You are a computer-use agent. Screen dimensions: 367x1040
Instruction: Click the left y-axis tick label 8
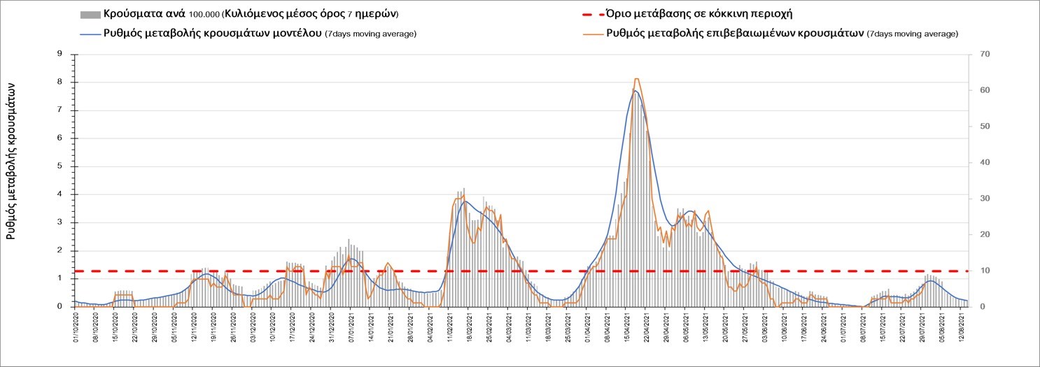tap(60, 82)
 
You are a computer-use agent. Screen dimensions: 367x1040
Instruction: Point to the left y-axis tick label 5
tap(60, 166)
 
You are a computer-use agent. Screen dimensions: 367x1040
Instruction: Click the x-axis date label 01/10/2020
tap(75, 329)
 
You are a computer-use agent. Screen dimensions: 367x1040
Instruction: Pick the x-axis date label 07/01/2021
tap(349, 329)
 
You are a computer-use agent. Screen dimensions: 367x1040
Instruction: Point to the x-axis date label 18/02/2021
tap(467, 329)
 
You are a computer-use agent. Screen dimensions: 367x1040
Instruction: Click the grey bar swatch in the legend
tap(90, 15)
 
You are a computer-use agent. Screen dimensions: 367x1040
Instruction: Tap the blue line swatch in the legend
tap(90, 33)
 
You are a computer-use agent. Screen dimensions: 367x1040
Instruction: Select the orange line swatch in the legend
tap(588, 33)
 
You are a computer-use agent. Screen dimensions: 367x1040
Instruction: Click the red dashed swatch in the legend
tap(588, 15)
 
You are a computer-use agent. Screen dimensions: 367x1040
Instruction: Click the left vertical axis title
tap(11, 159)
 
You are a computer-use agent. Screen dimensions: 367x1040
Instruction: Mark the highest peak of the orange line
tap(636, 79)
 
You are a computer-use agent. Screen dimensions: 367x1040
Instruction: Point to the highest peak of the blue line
tap(634, 90)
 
